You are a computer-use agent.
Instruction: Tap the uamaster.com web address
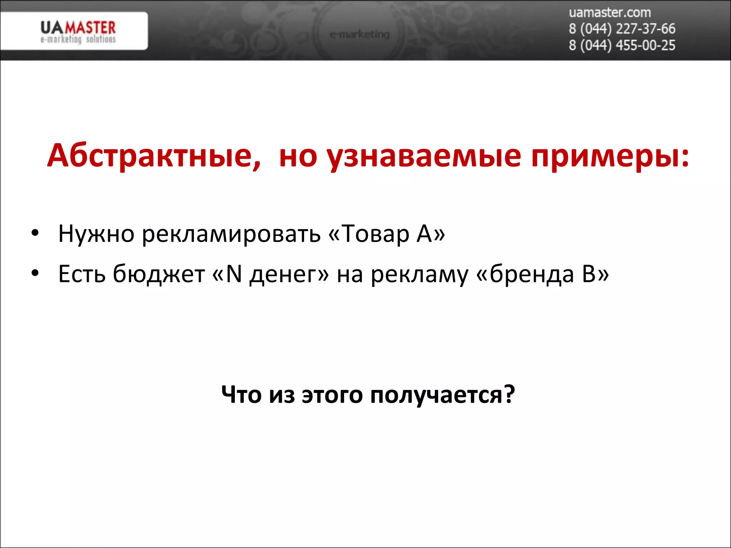(x=610, y=13)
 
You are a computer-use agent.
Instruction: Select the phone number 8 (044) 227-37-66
(x=622, y=29)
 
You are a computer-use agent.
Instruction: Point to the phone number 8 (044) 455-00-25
(x=622, y=45)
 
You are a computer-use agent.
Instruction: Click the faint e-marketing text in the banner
(x=359, y=35)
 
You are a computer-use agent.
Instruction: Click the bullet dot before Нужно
(x=35, y=234)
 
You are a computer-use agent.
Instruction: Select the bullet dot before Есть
(x=35, y=274)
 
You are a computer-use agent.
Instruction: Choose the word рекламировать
(x=231, y=234)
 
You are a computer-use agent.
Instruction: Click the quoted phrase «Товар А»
(x=387, y=234)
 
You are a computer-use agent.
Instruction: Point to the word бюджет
(x=159, y=274)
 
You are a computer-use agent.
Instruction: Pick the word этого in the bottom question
(x=332, y=395)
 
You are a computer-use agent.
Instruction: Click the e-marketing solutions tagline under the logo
(x=78, y=39)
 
